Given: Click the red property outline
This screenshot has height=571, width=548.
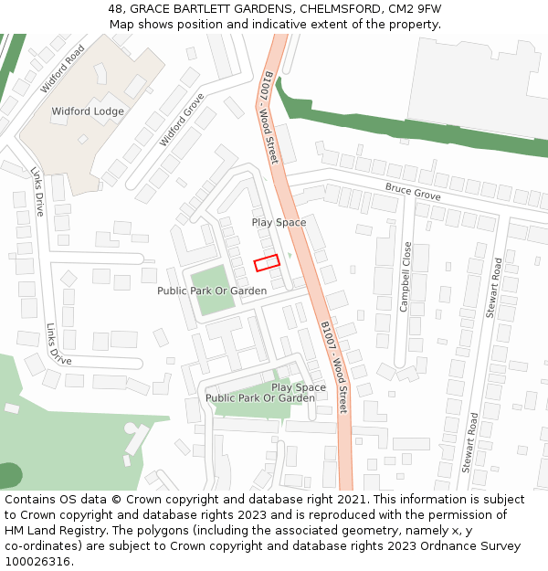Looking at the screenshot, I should [x=267, y=262].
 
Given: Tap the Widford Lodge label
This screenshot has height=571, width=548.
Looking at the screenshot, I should [x=88, y=111].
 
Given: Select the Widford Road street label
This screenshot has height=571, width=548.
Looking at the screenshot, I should [x=63, y=69].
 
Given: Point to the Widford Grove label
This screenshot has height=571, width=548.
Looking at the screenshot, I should [x=182, y=119].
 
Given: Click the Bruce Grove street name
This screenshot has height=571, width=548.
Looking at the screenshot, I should [x=413, y=192].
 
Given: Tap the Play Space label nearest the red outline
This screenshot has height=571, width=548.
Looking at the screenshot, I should [x=279, y=222].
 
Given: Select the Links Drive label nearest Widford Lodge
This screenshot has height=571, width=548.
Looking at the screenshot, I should [x=37, y=191].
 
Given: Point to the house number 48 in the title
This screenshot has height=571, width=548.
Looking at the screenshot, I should [x=115, y=9].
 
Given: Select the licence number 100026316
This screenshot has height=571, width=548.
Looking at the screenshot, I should [x=37, y=562].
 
